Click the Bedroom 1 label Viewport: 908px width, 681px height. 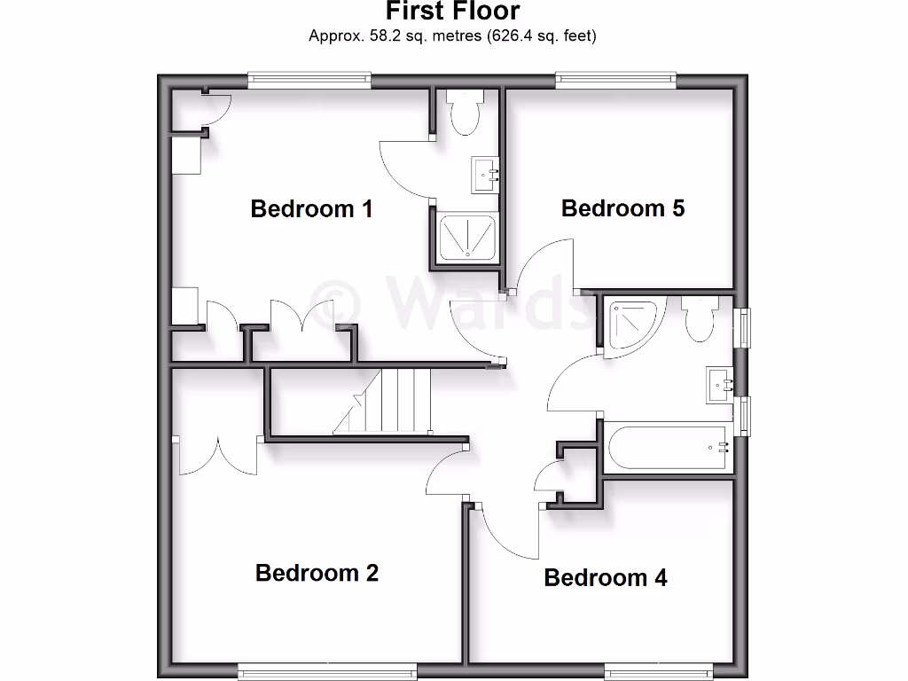pyautogui.click(x=311, y=209)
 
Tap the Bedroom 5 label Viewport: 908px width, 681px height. pyautogui.click(x=622, y=208)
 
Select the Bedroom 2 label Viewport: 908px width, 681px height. pyautogui.click(x=317, y=573)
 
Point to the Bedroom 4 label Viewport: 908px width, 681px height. pyautogui.click(x=606, y=578)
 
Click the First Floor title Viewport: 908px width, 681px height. pyautogui.click(x=452, y=12)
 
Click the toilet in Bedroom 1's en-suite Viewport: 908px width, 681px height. pyautogui.click(x=464, y=112)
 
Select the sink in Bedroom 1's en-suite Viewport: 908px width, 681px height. pyautogui.click(x=486, y=175)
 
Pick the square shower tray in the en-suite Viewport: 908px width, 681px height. pyautogui.click(x=466, y=237)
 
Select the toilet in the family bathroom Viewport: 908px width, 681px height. pyautogui.click(x=699, y=319)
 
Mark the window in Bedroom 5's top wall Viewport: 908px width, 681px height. pyautogui.click(x=615, y=81)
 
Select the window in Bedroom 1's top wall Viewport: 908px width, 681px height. pyautogui.click(x=309, y=81)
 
